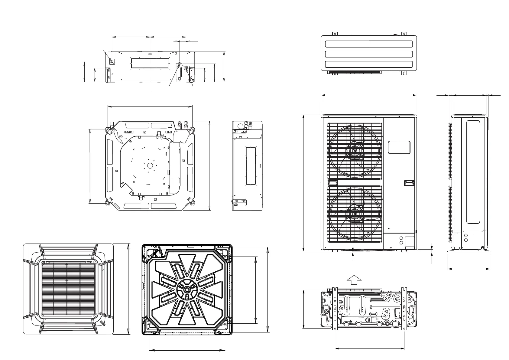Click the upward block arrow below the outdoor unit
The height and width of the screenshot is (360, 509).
click(354, 280)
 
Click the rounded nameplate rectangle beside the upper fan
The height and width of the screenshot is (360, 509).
click(399, 147)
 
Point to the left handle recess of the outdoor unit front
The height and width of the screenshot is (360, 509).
click(333, 182)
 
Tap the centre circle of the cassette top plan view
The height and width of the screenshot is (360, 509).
click(150, 165)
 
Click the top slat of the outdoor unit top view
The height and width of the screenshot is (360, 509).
click(369, 44)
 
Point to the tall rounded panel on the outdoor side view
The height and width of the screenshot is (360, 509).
click(473, 172)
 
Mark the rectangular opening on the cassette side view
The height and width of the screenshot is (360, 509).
click(251, 165)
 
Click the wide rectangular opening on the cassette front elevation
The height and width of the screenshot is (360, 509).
click(150, 63)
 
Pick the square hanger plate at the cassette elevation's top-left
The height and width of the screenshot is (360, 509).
click(112, 61)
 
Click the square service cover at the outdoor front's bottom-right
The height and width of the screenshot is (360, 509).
click(410, 243)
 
